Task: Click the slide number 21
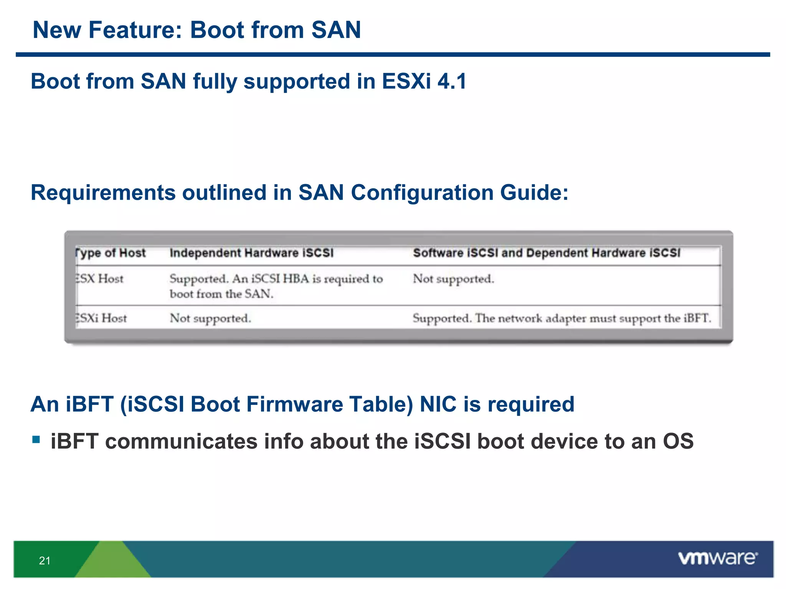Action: coord(45,561)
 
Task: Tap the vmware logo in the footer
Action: coord(718,558)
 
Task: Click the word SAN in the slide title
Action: coord(336,30)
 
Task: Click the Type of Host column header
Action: coord(111,253)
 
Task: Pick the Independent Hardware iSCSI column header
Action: coord(251,253)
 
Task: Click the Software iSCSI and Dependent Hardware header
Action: coord(546,253)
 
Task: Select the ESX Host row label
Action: coord(100,279)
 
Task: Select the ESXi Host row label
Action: coord(101,318)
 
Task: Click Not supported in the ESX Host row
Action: coord(453,279)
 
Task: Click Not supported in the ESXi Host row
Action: coord(210,318)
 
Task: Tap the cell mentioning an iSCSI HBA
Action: coord(276,286)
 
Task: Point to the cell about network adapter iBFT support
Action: coord(561,318)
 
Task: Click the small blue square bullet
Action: coord(36,439)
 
